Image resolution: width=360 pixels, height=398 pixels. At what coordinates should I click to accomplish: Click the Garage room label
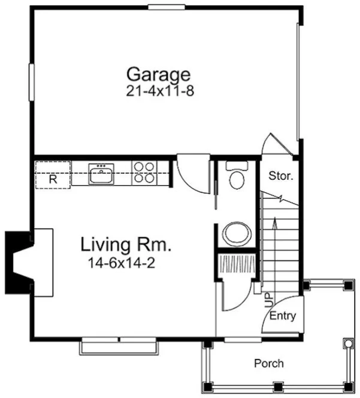point(158,75)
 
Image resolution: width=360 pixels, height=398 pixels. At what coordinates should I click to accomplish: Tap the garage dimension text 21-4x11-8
point(158,91)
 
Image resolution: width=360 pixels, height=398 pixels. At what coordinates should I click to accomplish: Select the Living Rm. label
point(126,245)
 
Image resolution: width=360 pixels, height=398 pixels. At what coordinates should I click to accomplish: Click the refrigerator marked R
point(53,177)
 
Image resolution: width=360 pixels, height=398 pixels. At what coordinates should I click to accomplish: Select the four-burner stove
point(144,173)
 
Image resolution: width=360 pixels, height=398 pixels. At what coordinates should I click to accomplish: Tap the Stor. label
point(280,176)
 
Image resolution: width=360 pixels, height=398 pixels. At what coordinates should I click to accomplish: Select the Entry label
point(283,316)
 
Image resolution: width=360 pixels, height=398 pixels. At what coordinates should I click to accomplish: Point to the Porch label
point(269,363)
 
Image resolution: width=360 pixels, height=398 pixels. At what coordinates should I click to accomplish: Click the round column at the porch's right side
point(347,343)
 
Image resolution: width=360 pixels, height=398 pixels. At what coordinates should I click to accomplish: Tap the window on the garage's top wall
point(166,7)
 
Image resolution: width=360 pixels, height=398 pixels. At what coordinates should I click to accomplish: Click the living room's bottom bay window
point(119,346)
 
